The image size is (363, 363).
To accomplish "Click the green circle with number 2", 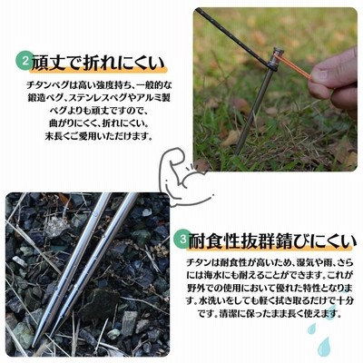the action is [x=25, y=61].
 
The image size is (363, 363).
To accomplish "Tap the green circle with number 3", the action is [x=182, y=239].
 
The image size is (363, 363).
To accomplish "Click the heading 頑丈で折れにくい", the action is [x=98, y=63].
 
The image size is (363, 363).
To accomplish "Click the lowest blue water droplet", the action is [x=325, y=346].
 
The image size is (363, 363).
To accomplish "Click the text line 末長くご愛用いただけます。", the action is [x=98, y=136].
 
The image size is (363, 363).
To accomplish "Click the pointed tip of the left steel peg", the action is [x=33, y=346].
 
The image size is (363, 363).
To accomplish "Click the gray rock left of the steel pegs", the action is [x=56, y=227].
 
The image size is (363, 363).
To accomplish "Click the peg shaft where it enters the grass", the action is [x=238, y=152].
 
